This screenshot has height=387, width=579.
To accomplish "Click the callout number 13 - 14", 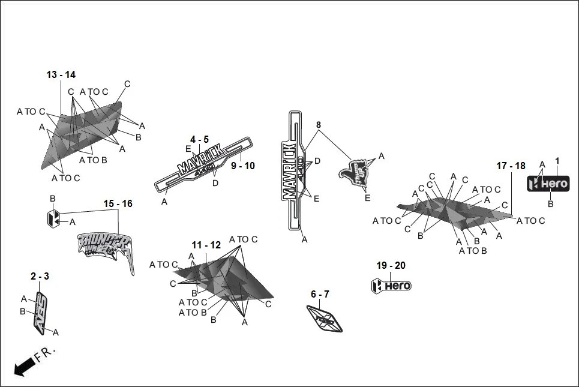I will point(61,75).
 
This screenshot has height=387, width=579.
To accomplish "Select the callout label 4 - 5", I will point(200,139).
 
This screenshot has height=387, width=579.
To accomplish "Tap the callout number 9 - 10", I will point(242,166).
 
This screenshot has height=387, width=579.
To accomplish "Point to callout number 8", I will point(319,125).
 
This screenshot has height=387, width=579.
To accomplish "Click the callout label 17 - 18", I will point(511,166).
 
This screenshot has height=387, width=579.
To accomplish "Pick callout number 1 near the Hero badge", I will point(557,161).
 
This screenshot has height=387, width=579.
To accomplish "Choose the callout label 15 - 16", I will point(118,204).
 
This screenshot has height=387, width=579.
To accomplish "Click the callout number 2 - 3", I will point(40,276).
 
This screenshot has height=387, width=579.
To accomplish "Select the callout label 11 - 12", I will point(206,245).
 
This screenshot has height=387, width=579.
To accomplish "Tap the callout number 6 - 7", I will point(320,294).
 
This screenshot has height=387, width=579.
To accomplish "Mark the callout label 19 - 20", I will point(391,266).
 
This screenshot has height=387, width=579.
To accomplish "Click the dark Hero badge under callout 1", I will point(547,184).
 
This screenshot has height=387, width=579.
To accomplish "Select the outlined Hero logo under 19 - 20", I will point(391,286).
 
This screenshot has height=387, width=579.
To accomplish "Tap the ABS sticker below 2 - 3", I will point(41,313).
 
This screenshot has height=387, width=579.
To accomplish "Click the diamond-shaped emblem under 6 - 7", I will point(325,317).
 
